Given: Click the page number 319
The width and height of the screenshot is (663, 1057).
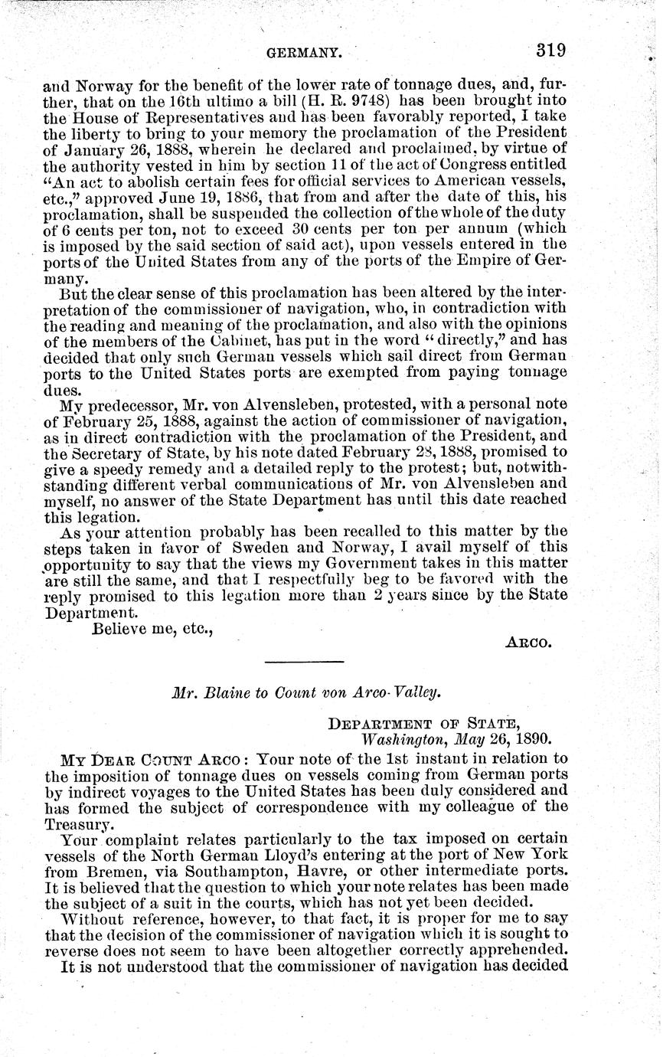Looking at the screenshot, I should [550, 51].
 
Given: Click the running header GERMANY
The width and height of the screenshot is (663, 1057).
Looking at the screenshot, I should [303, 53].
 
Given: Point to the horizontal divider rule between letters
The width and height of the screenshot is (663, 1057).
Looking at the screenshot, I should [304, 661].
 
